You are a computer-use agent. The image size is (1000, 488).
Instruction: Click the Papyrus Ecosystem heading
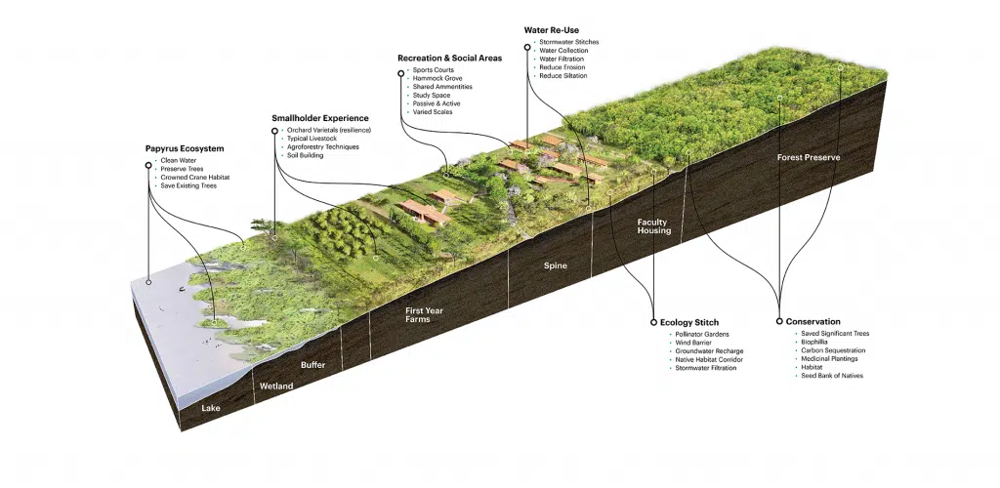click(x=185, y=148)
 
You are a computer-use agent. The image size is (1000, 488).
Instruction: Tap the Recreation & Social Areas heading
click(x=449, y=59)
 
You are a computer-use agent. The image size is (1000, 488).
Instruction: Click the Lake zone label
click(x=212, y=407)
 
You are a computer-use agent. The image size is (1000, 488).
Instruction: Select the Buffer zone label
click(x=313, y=365)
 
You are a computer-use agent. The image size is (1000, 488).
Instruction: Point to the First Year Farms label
click(x=424, y=315)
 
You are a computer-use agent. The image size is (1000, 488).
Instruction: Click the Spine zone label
click(x=556, y=265)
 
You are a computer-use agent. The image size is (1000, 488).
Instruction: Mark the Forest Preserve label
click(x=809, y=157)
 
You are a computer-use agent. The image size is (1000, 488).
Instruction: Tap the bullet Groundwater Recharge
click(x=709, y=351)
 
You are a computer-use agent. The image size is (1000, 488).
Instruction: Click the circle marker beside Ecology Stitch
click(x=652, y=322)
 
